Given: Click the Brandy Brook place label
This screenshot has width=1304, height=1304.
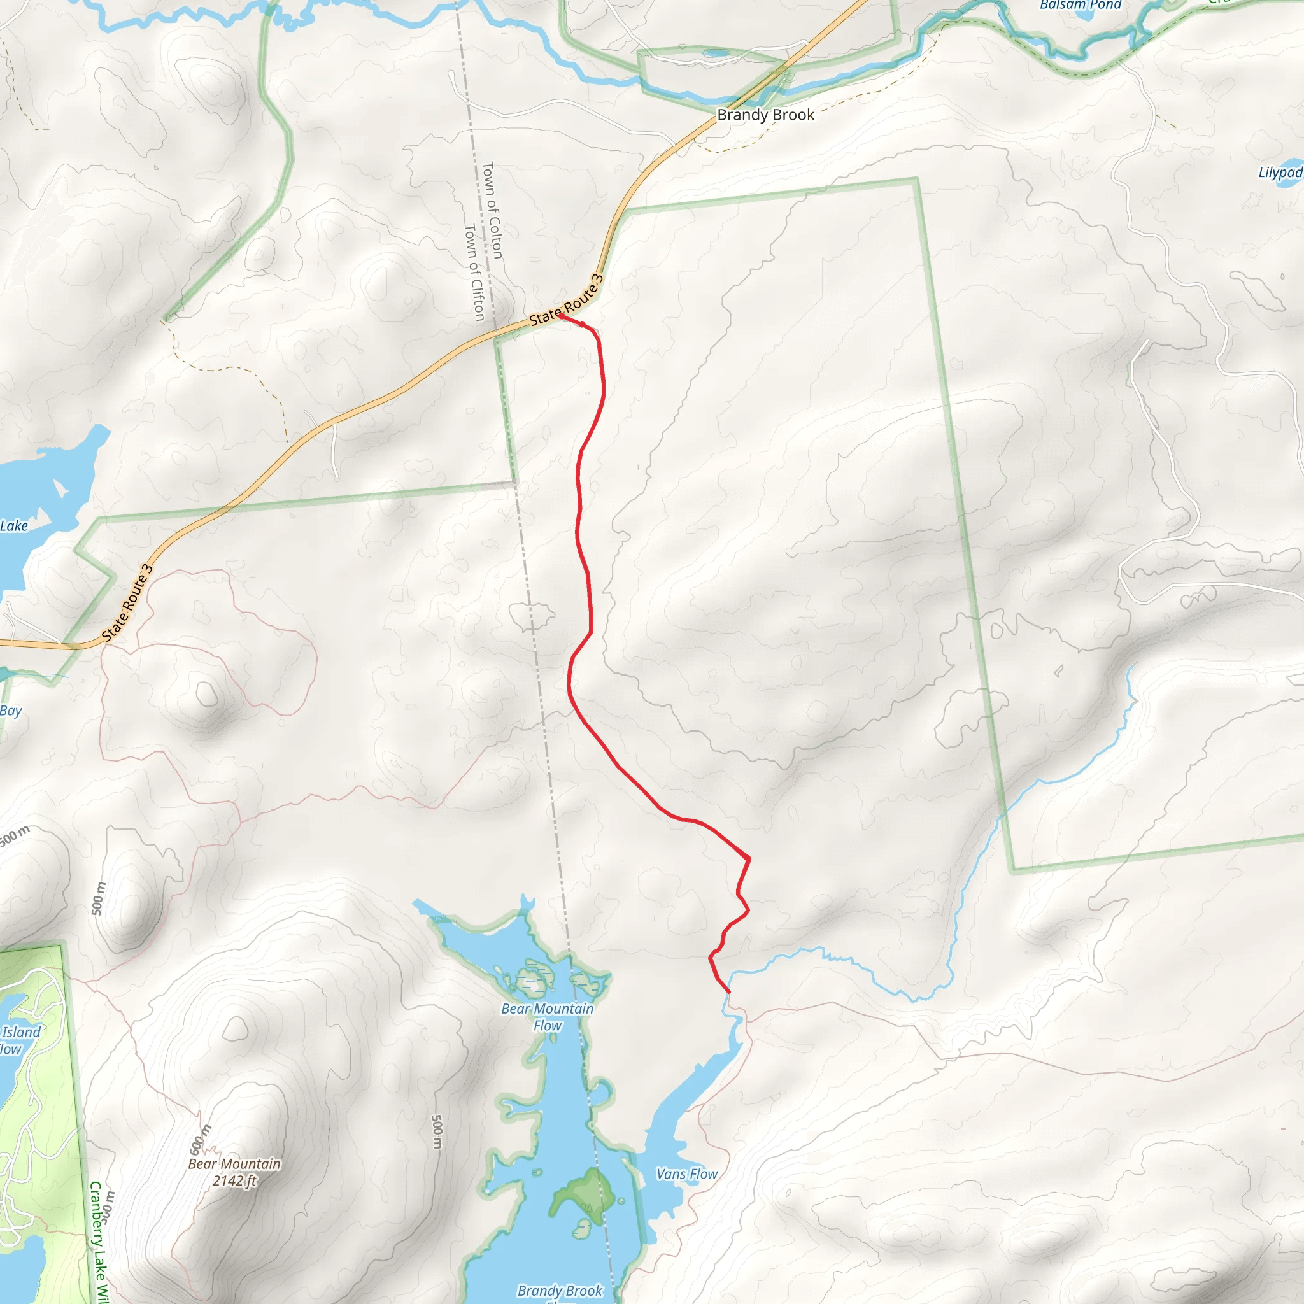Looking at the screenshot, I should tap(765, 115).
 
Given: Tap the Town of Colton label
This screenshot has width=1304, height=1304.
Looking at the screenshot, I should tap(493, 210).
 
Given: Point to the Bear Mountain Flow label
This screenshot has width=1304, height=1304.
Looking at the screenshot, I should tap(548, 1017).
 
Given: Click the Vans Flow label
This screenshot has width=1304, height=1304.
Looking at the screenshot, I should tap(687, 1174).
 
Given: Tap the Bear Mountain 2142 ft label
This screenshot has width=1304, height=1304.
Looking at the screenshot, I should tap(234, 1172).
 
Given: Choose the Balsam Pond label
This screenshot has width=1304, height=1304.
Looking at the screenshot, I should tap(1080, 5).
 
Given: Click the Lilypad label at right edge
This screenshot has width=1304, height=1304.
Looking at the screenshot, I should tap(1280, 173).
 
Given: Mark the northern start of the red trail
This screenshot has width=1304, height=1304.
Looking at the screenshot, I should tap(562, 315).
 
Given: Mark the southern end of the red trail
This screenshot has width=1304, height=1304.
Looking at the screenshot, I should tap(729, 991).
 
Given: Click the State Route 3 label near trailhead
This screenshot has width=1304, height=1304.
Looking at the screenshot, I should tap(566, 301).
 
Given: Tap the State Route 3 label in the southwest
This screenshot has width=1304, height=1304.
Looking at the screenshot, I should tap(127, 603).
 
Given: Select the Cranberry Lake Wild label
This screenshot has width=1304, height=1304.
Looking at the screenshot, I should tap(99, 1242).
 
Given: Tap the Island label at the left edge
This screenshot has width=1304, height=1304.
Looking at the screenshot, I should tap(21, 1032).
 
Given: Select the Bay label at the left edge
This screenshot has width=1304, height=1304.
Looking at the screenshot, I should tap(11, 711).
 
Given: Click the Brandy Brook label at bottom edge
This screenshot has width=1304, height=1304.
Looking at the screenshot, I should tap(560, 1291).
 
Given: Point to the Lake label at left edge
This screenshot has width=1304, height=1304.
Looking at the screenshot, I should tap(14, 526).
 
